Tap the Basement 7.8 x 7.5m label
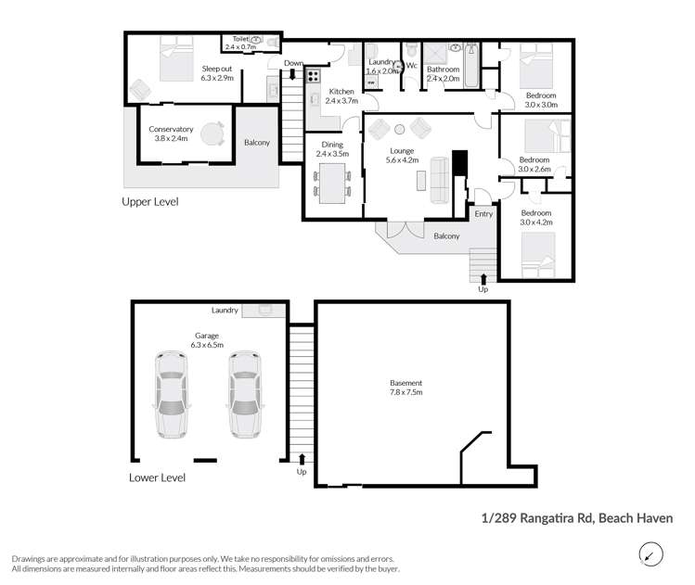tap(405, 388)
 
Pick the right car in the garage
tap(243, 393)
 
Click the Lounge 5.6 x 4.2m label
tap(403, 155)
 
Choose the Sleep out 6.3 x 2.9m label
tap(217, 73)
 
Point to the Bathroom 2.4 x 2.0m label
tap(443, 74)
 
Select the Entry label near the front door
tap(483, 214)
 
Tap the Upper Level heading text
tap(150, 201)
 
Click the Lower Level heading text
tap(157, 477)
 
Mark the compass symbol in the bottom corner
tap(652, 554)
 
